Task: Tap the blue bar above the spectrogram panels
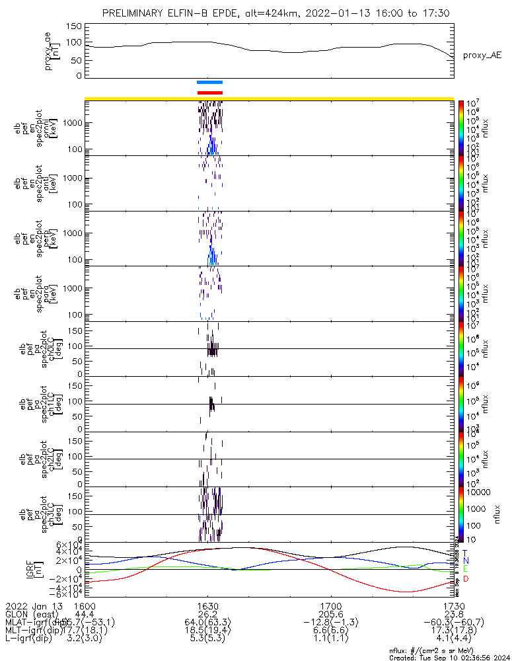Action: point(210,82)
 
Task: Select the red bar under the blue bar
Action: point(210,93)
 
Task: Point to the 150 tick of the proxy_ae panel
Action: point(74,26)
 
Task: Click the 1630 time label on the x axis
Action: point(207,605)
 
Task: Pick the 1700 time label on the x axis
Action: point(330,605)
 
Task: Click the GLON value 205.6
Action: point(330,613)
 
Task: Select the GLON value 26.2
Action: point(207,613)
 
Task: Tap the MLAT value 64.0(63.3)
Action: point(207,622)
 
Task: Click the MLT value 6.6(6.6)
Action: point(330,631)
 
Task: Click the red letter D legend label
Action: point(466,579)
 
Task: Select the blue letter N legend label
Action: point(466,561)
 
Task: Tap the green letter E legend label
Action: point(466,569)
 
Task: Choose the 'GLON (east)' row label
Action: point(31,613)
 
